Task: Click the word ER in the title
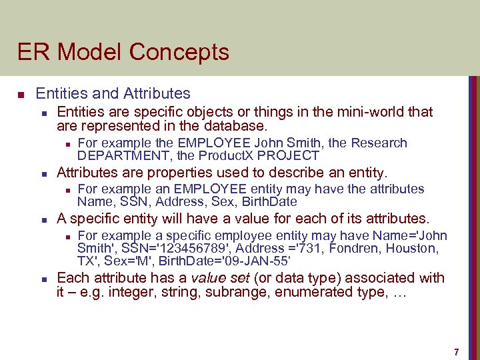tap(30, 52)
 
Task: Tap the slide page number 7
tap(456, 351)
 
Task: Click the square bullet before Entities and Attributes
tap(21, 94)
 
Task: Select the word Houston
tap(413, 249)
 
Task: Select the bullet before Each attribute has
tap(42, 279)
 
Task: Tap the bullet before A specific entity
tap(42, 219)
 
